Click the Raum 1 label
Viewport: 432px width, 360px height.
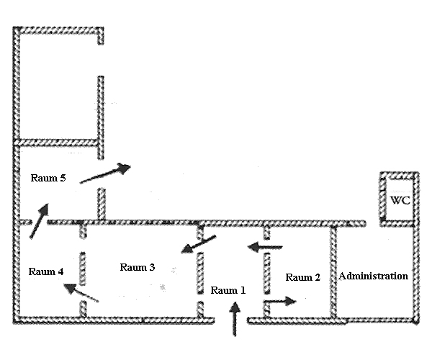[228, 291]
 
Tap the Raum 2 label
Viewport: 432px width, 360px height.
[302, 277]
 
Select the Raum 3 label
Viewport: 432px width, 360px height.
[137, 267]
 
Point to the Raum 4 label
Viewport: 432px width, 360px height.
[46, 271]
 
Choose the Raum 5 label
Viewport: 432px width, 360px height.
[48, 177]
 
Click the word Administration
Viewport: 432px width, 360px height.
[373, 276]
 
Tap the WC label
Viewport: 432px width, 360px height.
[400, 199]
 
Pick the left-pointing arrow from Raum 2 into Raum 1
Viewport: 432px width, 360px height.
[265, 248]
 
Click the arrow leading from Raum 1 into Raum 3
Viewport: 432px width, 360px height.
[198, 245]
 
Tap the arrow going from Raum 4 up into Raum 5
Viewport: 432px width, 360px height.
[40, 219]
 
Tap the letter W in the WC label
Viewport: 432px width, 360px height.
[396, 199]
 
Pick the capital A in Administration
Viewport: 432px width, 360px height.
[342, 276]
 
